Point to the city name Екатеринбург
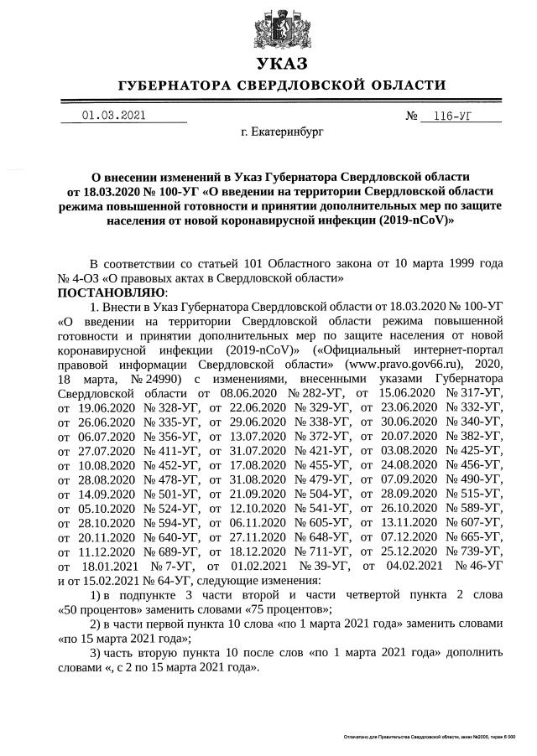[x=281, y=132]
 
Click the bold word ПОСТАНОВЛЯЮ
[x=112, y=292]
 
